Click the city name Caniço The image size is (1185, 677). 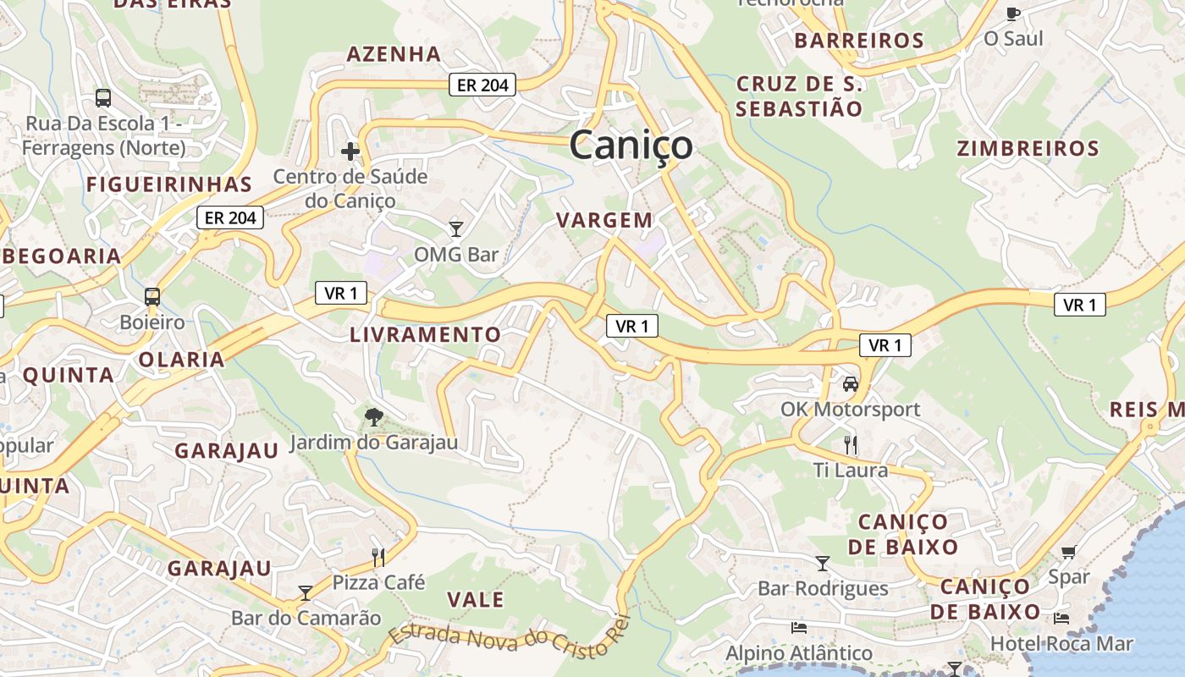631,145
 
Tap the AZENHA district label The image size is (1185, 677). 394,54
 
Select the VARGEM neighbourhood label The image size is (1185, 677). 604,220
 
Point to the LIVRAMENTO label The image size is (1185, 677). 426,334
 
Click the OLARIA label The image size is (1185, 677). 181,359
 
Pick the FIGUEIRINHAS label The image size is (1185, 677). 169,184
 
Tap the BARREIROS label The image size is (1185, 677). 859,41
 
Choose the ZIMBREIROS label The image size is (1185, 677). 1028,149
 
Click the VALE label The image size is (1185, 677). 475,600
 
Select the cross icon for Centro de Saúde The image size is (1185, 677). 350,151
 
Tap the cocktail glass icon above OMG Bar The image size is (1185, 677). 456,228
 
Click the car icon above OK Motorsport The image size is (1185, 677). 851,384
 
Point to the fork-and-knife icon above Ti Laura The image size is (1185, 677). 851,444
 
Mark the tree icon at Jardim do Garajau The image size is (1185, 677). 372,416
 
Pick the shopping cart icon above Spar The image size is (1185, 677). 1069,553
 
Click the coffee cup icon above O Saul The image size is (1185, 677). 1013,14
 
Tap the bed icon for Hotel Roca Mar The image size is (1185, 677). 1061,619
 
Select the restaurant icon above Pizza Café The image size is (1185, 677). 378,557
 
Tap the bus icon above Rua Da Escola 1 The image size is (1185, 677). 103,97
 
